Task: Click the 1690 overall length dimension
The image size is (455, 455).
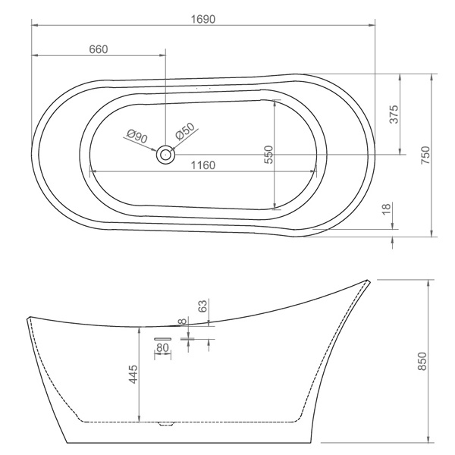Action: pos(203,20)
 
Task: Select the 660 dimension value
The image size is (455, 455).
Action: pos(99,49)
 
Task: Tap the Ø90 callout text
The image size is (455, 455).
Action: pos(137,136)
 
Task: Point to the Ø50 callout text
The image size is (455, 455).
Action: pos(185,131)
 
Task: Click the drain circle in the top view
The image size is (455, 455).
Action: pos(165,155)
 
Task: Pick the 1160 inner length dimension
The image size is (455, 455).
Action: pos(203,165)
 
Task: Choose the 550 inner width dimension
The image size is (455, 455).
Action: pos(269,155)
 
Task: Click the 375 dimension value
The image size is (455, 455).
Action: pos(394,115)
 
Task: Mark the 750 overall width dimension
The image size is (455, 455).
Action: pos(425,155)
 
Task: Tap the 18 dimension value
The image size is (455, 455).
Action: pos(386,209)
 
